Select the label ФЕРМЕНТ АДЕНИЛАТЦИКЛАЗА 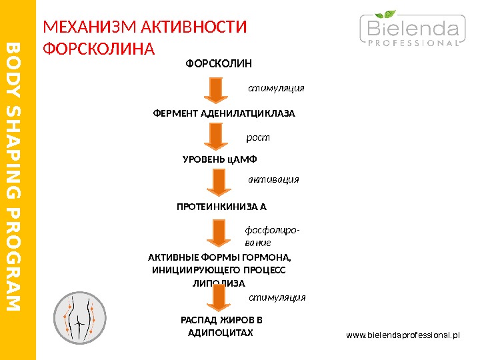pyautogui.click(x=224, y=113)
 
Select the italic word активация pyautogui.click(x=273, y=179)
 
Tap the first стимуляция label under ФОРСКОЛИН pyautogui.click(x=276, y=87)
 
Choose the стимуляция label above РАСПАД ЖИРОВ pyautogui.click(x=277, y=297)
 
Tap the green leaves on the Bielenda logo pyautogui.click(x=387, y=14)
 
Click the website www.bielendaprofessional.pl pyautogui.click(x=403, y=333)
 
